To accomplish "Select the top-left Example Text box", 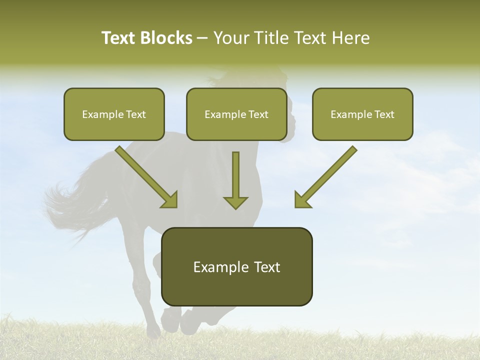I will pyautogui.click(x=114, y=114).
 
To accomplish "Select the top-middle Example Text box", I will pyautogui.click(x=236, y=114).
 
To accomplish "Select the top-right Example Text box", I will pyautogui.click(x=362, y=114).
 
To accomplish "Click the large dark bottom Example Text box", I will pyautogui.click(x=237, y=266).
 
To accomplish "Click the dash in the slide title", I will pyautogui.click(x=202, y=38).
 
